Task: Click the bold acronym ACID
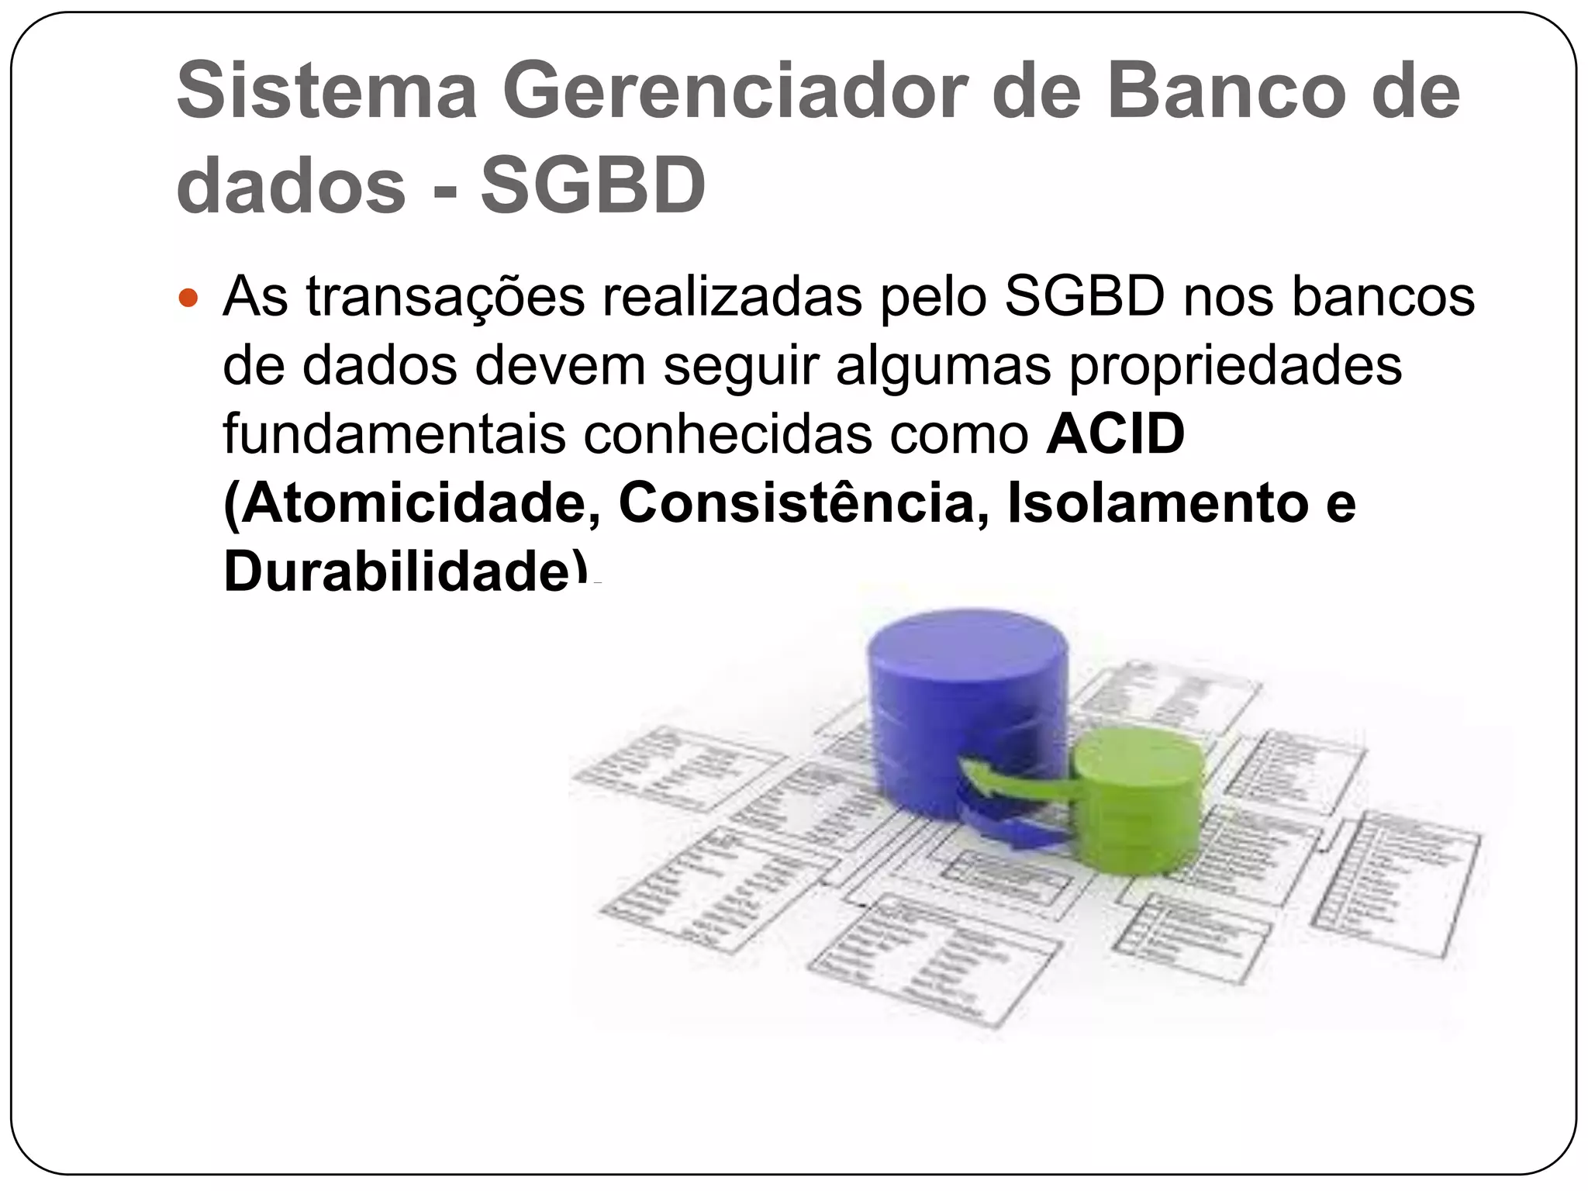point(1115,435)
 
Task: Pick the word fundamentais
point(394,435)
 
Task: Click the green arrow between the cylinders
point(1016,779)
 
